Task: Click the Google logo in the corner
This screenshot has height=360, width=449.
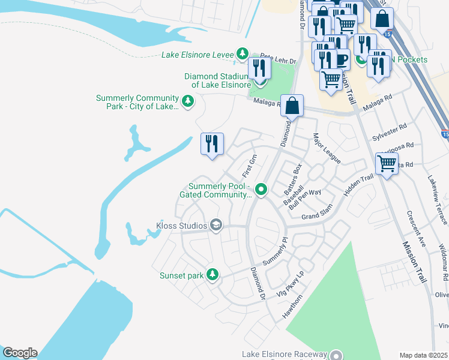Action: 19,353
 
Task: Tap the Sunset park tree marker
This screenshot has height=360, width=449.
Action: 211,275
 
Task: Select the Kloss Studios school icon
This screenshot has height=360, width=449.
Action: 216,226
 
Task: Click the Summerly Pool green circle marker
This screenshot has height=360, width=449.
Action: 261,190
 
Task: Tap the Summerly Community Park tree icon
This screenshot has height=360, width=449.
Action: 188,103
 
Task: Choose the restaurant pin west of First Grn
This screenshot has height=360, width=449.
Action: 212,144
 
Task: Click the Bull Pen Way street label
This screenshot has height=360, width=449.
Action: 306,199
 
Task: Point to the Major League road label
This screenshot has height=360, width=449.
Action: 326,149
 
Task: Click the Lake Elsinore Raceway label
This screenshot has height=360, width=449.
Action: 285,354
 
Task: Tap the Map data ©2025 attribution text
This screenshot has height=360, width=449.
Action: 423,355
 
